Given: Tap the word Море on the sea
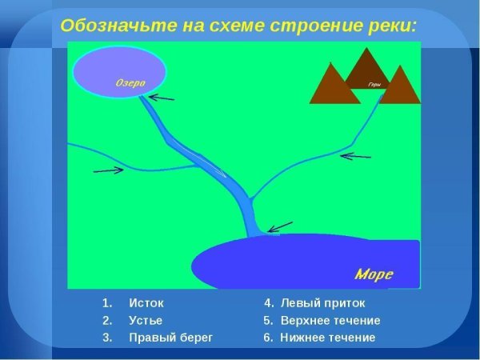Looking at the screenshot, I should coord(374,274).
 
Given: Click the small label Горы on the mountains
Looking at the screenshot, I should coord(373,84).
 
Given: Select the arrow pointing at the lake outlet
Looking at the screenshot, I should coord(162,98).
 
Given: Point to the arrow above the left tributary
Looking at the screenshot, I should coord(108,169).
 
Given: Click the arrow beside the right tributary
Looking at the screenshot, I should coord(356,156).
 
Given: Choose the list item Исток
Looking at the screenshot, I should coord(146,303).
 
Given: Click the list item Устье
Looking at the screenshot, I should coord(146,320).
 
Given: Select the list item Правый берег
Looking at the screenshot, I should coord(170,338).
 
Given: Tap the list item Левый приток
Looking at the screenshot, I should coord(322,303).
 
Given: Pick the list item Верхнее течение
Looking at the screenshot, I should coord(330,320).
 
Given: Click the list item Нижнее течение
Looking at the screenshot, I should coord(327,338).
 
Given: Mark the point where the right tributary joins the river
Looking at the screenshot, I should coord(250,198).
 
